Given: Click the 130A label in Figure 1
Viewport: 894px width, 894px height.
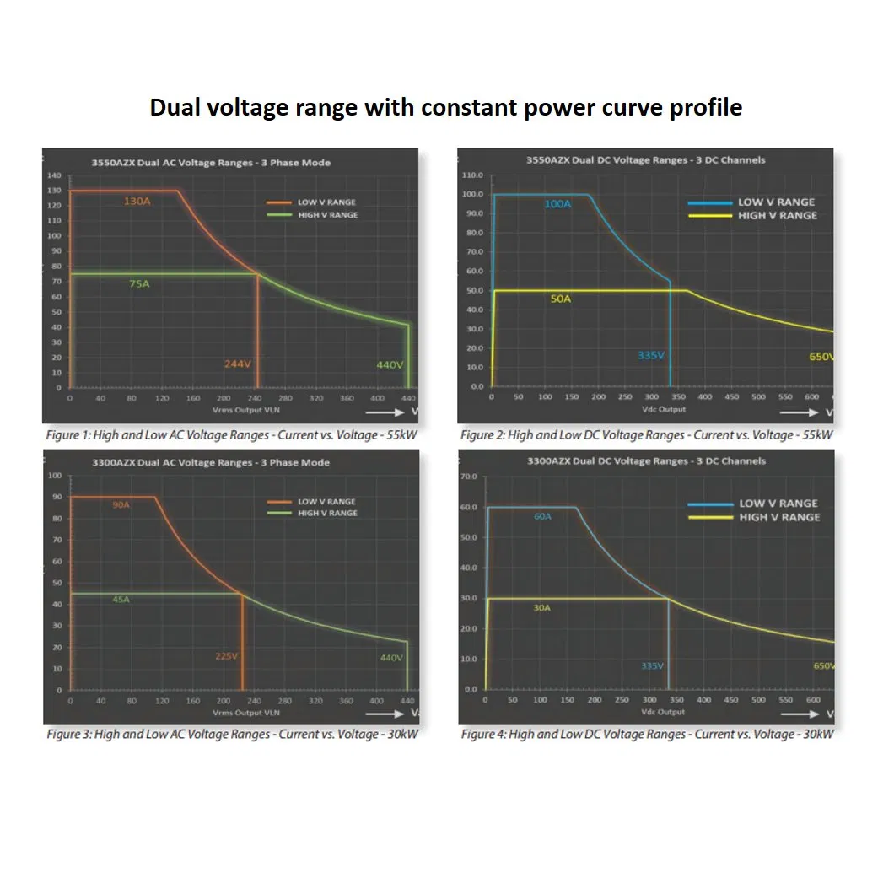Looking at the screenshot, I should (137, 202).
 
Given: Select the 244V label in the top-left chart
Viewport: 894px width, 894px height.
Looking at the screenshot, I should (238, 364).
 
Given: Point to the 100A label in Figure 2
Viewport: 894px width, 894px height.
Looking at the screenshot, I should (557, 204).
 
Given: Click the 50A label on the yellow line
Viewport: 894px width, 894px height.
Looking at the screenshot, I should (561, 299).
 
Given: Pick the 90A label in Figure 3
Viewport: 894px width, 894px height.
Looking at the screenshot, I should (121, 504).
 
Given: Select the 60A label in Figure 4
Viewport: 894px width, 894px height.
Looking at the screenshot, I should (542, 516).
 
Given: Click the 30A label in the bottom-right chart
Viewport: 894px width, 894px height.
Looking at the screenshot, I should (541, 607).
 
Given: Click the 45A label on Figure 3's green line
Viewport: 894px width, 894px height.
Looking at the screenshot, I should (121, 600).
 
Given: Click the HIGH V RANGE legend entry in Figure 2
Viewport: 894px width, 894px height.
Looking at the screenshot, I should (776, 216).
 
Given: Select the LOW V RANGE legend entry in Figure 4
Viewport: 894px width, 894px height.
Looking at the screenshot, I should (778, 504).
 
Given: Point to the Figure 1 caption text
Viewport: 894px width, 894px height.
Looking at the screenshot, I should (229, 435).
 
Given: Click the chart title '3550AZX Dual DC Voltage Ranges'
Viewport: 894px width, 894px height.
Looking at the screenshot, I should (645, 159).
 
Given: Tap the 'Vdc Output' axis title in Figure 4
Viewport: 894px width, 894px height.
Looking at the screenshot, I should (664, 712).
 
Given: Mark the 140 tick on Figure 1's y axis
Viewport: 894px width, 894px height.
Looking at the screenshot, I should (55, 175).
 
